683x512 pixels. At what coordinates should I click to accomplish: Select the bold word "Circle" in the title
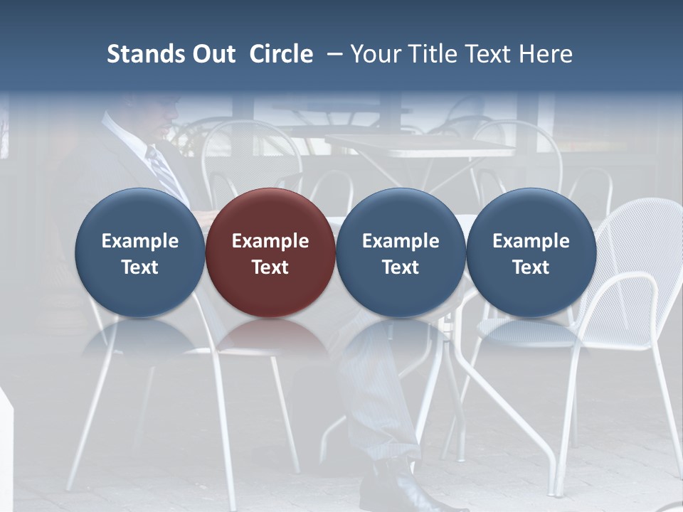point(281,54)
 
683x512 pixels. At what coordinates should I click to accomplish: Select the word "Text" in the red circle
point(270,267)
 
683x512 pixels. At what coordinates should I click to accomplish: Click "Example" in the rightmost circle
point(531,241)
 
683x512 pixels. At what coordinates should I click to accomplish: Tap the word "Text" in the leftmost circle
point(139,267)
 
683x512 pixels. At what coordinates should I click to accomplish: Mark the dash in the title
point(334,54)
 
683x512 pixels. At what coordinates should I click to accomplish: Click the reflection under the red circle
point(270,338)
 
